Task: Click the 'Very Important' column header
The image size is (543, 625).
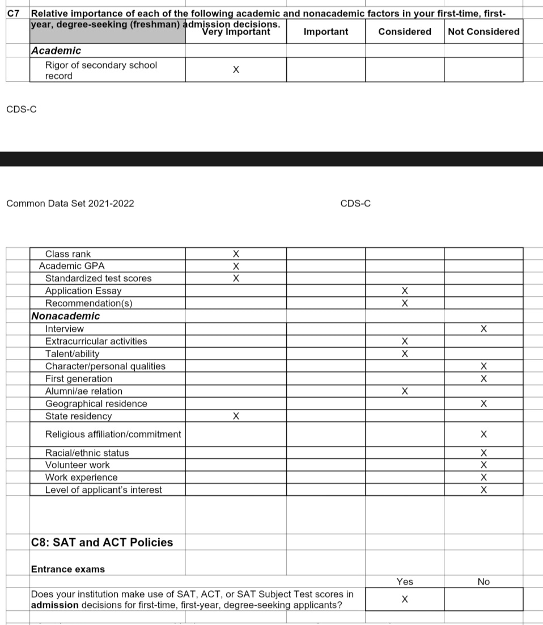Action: pyautogui.click(x=236, y=32)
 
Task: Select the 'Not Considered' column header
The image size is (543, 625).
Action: pyautogui.click(x=483, y=32)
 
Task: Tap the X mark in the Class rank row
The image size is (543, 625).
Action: pyautogui.click(x=236, y=254)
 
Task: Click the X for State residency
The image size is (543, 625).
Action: pyautogui.click(x=236, y=416)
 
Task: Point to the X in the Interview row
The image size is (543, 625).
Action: pyautogui.click(x=483, y=329)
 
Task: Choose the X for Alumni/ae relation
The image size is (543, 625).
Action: pyautogui.click(x=405, y=391)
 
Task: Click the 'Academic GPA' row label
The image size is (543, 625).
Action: pyautogui.click(x=72, y=266)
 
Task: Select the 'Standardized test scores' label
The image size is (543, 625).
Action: pyautogui.click(x=98, y=278)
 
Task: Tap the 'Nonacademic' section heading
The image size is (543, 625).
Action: pyautogui.click(x=66, y=316)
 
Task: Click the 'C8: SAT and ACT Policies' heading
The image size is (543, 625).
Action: pyautogui.click(x=102, y=542)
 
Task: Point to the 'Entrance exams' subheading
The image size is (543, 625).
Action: pyautogui.click(x=68, y=569)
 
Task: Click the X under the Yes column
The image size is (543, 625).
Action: pyautogui.click(x=405, y=599)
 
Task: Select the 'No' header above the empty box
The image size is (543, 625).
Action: pyautogui.click(x=483, y=582)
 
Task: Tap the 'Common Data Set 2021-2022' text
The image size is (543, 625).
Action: pyautogui.click(x=70, y=204)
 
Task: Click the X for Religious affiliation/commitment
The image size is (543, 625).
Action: pyautogui.click(x=483, y=434)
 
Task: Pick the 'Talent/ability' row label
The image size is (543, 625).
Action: pyautogui.click(x=72, y=354)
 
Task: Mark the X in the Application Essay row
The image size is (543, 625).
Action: pyautogui.click(x=405, y=291)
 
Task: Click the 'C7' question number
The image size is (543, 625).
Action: pyautogui.click(x=14, y=12)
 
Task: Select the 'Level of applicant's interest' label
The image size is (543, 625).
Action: pyautogui.click(x=104, y=490)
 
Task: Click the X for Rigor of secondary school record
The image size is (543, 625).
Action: pyautogui.click(x=236, y=70)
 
